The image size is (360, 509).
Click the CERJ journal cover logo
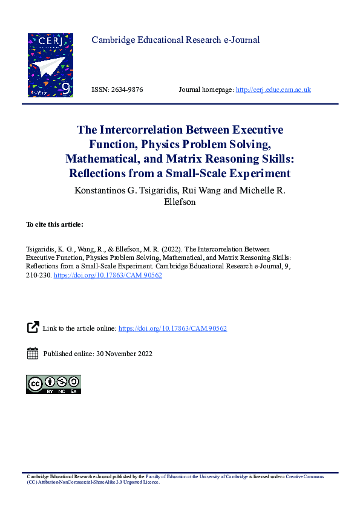(x=50, y=65)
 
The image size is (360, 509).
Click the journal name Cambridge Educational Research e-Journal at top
(x=175, y=41)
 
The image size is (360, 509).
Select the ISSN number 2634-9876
(x=125, y=90)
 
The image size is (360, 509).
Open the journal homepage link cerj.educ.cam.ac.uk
(x=273, y=90)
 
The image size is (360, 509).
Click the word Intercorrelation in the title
(x=139, y=130)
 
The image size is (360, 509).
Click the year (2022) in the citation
(x=171, y=249)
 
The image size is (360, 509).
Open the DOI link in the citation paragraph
(x=108, y=274)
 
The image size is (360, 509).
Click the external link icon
(x=33, y=328)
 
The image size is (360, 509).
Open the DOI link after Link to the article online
(x=172, y=328)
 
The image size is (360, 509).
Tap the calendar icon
(x=33, y=354)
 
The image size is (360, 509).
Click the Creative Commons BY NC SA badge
(x=53, y=384)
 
